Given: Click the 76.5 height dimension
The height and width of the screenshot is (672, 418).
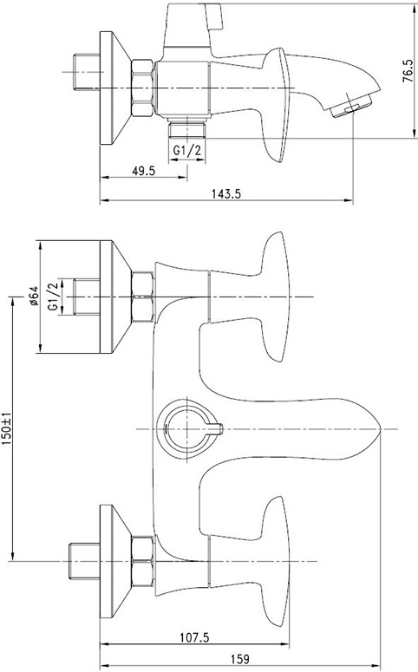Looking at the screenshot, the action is [408, 71].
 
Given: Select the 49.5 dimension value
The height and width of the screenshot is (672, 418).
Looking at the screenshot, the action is [144, 171].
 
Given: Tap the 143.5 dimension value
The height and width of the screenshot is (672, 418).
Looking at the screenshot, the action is [226, 193].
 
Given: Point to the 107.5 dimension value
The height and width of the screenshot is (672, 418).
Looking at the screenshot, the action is [194, 638].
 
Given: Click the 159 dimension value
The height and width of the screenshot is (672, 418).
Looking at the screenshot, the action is [240, 659].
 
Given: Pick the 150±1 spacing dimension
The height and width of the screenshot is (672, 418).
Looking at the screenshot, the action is [6, 428].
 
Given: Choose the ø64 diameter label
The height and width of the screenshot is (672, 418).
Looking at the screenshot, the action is [35, 296].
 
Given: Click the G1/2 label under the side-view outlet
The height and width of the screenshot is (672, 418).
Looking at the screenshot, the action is [187, 150].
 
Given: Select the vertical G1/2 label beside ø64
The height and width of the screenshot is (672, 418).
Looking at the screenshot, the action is [53, 297].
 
